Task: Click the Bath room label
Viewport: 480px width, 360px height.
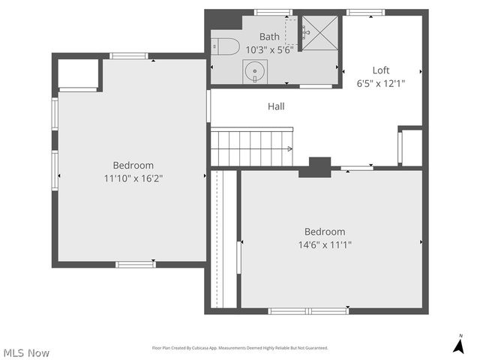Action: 269,37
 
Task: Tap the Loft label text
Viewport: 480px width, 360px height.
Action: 381,71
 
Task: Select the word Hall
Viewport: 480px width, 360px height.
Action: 276,106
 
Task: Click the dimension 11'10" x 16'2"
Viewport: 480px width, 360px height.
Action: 133,178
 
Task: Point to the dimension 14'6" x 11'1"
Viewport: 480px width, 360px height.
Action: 325,244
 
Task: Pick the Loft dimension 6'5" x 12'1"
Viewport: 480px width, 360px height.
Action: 381,84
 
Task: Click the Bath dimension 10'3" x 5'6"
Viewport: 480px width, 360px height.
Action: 269,49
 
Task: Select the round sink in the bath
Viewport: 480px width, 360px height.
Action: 254,73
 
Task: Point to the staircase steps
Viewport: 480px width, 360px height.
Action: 250,147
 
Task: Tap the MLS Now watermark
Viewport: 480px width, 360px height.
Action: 26,352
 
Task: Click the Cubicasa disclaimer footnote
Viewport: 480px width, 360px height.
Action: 240,348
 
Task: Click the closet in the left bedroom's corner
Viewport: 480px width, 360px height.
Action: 78,73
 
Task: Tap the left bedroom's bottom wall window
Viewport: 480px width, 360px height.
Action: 136,264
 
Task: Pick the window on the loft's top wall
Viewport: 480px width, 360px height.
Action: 366,12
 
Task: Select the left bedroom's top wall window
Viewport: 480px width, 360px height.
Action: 129,55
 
